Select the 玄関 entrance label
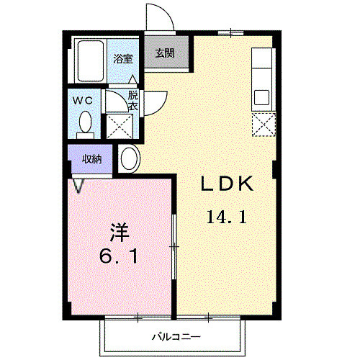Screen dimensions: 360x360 click(165, 53)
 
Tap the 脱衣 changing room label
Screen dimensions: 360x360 click(133, 99)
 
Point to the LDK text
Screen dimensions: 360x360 click(227, 184)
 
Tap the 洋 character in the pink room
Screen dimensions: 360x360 click(119, 232)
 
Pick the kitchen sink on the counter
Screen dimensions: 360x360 click(261, 96)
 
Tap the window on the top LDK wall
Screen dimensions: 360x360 click(230, 32)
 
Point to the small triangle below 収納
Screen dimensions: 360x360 click(77, 185)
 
